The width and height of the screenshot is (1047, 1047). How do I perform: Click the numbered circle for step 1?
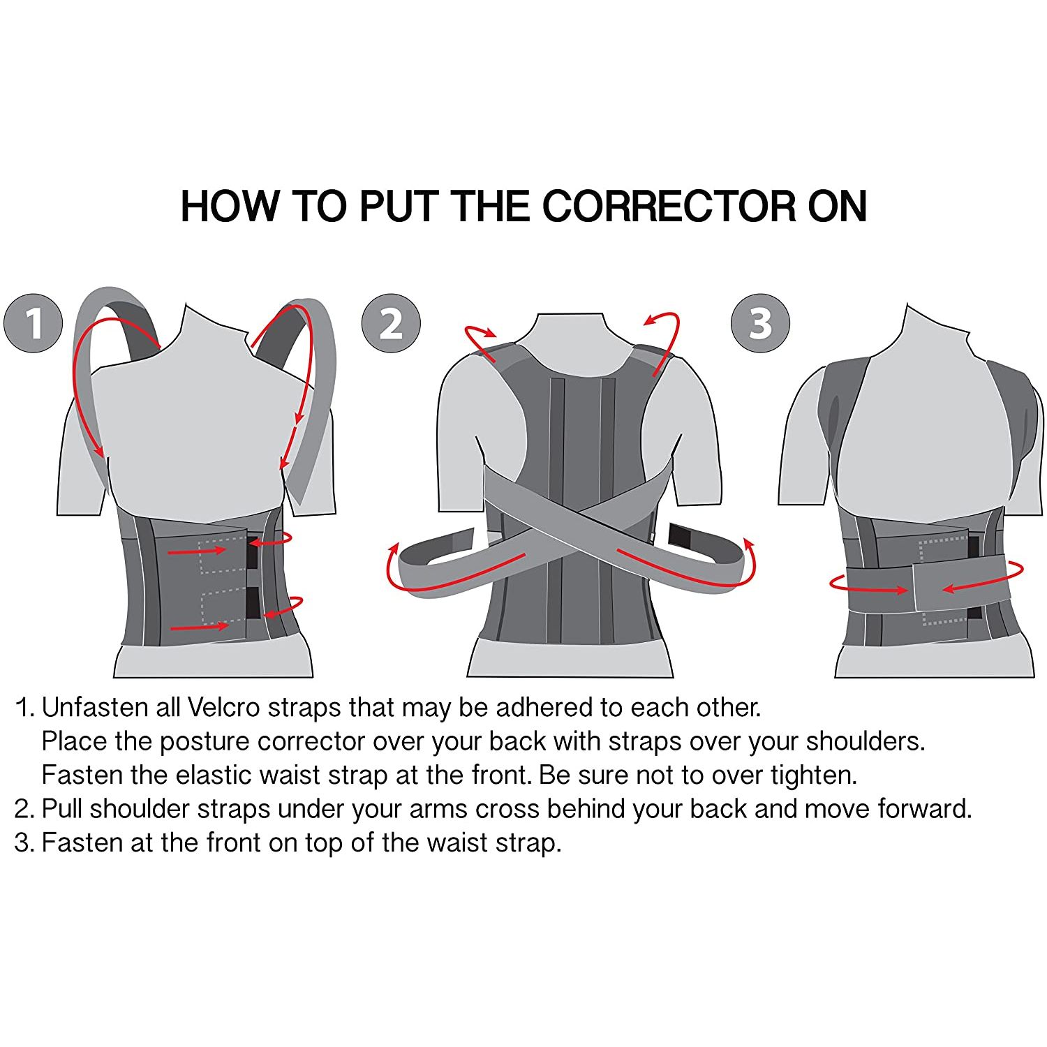pos(33,323)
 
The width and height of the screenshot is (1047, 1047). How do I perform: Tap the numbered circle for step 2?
pos(391,323)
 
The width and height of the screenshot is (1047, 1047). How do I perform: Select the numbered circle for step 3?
pos(760,323)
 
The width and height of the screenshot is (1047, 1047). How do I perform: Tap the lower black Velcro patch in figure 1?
pos(253,602)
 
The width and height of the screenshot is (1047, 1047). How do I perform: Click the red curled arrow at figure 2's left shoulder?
pos(481,341)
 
